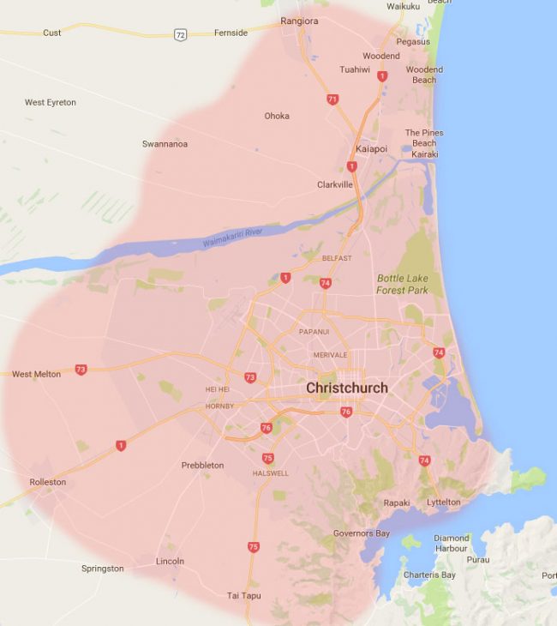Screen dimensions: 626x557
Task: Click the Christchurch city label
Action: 347,388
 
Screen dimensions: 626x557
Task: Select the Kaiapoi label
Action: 371,148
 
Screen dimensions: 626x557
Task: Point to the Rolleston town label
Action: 47,482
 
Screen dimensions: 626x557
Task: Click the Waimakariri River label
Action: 231,238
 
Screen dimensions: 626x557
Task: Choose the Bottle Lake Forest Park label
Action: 402,284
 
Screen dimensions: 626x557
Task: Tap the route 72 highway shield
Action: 179,34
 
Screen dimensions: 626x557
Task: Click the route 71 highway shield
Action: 332,99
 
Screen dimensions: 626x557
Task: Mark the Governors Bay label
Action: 361,533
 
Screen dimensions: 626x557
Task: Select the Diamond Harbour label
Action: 451,543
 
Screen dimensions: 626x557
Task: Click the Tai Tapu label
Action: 244,595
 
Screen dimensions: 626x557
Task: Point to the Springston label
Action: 102,569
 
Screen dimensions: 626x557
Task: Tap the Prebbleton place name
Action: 202,465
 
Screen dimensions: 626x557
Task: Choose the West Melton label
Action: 36,374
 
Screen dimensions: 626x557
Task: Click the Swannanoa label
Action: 165,144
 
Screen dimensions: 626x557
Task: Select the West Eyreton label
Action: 50,103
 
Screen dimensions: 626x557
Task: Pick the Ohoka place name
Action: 277,116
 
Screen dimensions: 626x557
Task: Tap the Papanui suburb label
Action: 314,331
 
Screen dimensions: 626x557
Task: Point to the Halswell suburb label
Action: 271,473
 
